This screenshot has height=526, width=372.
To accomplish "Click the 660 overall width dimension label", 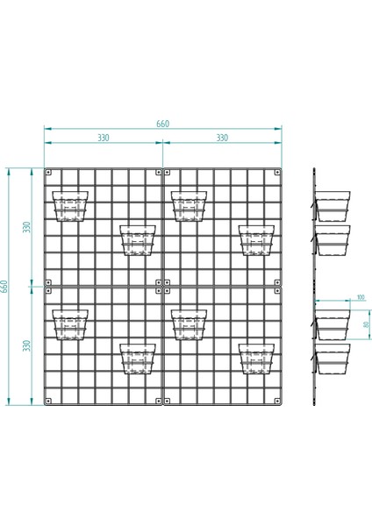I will coord(162,124).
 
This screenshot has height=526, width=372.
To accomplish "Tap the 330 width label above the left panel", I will coord(103,139).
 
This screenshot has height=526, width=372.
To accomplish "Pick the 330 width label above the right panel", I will coord(221,139).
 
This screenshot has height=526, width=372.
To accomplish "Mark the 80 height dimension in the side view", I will coord(365,325).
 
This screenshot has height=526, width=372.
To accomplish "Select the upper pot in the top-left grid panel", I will coord(71,206).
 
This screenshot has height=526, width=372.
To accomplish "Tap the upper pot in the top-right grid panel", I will coord(190,206).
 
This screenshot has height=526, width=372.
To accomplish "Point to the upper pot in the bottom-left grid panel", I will coord(71,323).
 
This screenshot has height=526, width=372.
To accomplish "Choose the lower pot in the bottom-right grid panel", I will coord(256,358).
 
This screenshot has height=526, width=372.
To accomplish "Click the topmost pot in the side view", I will coord(333,205).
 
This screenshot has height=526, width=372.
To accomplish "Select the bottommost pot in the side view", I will coord(333,359).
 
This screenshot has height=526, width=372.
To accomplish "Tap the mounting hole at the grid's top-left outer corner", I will coord(49,172).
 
